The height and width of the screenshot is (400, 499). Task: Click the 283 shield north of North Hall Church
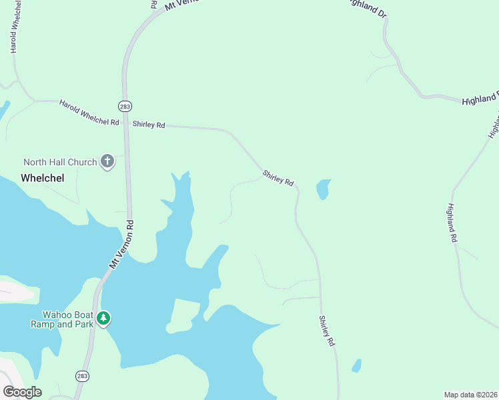pyautogui.click(x=125, y=106)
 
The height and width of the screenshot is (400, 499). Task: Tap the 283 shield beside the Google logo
pyautogui.click(x=81, y=377)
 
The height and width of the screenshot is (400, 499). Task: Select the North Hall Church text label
pyautogui.click(x=60, y=162)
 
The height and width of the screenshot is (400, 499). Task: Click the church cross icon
pyautogui.click(x=107, y=161)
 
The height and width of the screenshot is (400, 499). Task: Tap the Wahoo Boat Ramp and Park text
pyautogui.click(x=61, y=319)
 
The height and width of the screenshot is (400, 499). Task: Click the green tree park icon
pyautogui.click(x=103, y=318)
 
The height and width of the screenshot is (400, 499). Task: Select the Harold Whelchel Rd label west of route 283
pyautogui.click(x=89, y=113)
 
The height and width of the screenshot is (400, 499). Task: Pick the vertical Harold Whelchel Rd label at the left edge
pyautogui.click(x=13, y=31)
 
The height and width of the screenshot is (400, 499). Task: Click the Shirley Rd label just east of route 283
pyautogui.click(x=149, y=125)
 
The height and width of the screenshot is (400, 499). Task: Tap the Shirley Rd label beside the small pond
pyautogui.click(x=278, y=178)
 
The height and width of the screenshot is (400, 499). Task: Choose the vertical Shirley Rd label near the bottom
pyautogui.click(x=326, y=331)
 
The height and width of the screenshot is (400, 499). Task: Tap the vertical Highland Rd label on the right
pyautogui.click(x=452, y=222)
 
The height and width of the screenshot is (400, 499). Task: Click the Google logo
pyautogui.click(x=23, y=392)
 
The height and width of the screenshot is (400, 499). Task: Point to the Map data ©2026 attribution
pyautogui.click(x=470, y=394)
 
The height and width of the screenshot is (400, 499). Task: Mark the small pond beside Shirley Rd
pyautogui.click(x=323, y=189)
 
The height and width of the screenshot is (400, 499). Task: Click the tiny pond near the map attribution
pyautogui.click(x=356, y=366)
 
